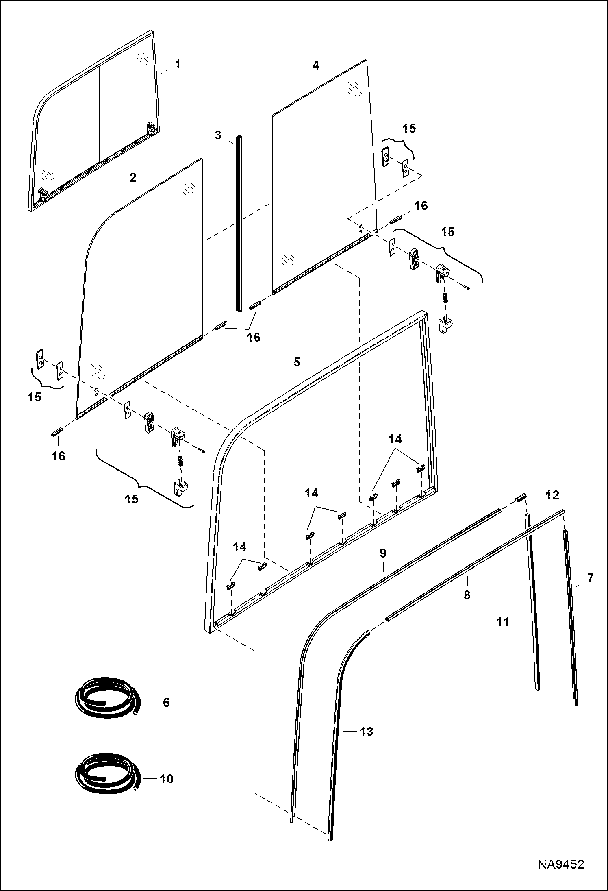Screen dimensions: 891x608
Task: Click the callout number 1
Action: pos(177,65)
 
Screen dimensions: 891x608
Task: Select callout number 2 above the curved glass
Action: pos(133,178)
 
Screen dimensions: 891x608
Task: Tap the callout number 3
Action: pos(218,135)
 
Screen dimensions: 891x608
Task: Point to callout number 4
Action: pos(316,65)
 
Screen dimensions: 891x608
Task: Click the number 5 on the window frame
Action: pos(297,362)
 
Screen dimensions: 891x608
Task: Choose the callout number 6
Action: pos(166,702)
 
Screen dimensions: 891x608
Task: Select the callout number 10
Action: pos(166,779)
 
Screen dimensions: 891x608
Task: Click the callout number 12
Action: pos(553,495)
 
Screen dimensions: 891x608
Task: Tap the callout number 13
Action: pos(366,732)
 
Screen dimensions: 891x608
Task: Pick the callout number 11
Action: pos(503,621)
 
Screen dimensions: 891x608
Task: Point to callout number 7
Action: pos(590,578)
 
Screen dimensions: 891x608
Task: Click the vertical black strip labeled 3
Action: pos(239,224)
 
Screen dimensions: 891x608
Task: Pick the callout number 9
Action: pos(382,553)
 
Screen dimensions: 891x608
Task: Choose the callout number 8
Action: pos(467,595)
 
